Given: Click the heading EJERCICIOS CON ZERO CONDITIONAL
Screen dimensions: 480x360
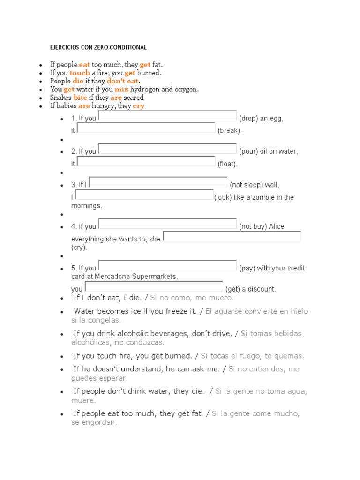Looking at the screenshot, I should click(x=98, y=47).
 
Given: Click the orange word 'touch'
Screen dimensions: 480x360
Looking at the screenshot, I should click(x=80, y=73).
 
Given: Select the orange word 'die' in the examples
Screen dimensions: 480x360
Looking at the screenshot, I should click(x=78, y=81).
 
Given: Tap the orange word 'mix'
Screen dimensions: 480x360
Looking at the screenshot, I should click(x=121, y=89).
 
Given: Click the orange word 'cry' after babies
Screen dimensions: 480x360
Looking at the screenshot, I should click(x=139, y=106).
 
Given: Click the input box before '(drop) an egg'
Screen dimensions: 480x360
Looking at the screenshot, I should click(x=167, y=115).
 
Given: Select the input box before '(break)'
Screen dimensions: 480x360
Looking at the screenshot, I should click(x=146, y=127).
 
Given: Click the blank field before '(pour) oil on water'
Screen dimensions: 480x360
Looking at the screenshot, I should click(x=167, y=149).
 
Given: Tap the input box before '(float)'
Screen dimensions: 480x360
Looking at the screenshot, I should click(x=146, y=161).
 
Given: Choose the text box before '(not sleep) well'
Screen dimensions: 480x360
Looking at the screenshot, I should click(x=158, y=182).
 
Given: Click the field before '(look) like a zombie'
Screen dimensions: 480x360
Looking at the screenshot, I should click(x=144, y=195).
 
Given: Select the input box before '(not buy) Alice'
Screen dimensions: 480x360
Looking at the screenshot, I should click(x=167, y=224).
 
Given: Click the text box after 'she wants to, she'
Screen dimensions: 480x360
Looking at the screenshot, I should click(x=232, y=236).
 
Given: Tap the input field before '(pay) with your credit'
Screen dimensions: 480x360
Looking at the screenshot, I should click(x=167, y=265).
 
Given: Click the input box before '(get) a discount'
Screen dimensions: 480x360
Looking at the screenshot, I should click(x=154, y=286).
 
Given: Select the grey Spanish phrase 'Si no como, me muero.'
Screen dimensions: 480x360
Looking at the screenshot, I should click(x=192, y=298).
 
